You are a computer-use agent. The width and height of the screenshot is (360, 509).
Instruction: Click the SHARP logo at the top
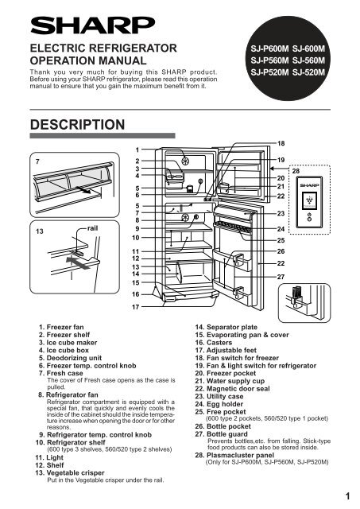pyautogui.click(x=93, y=25)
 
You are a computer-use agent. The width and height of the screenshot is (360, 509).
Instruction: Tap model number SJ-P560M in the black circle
pyautogui.click(x=269, y=60)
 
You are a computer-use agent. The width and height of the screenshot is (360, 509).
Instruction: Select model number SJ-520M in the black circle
pyautogui.click(x=308, y=72)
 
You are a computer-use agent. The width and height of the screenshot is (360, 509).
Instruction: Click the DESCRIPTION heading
pyautogui.click(x=77, y=125)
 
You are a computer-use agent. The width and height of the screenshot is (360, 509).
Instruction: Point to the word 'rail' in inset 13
pyautogui.click(x=92, y=228)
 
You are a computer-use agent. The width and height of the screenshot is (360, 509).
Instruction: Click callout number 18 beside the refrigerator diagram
pyautogui.click(x=281, y=143)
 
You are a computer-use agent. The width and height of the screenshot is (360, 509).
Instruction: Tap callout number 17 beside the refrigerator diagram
pyautogui.click(x=136, y=307)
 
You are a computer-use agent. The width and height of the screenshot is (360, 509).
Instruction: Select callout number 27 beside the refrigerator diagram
pyautogui.click(x=281, y=277)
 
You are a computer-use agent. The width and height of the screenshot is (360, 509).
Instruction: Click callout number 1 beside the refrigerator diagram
pyautogui.click(x=137, y=150)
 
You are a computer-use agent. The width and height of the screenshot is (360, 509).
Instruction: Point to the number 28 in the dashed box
pyautogui.click(x=296, y=171)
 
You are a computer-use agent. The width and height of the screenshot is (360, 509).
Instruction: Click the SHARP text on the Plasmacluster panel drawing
pyautogui.click(x=309, y=185)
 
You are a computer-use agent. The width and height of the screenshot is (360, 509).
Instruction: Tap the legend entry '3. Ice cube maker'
pyautogui.click(x=68, y=343)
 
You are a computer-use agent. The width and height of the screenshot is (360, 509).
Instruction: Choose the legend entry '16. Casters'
pyautogui.click(x=214, y=343)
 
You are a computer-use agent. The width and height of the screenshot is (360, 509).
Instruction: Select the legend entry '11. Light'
pyautogui.click(x=49, y=457)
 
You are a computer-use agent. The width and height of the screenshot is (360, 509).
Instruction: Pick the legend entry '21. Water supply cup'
pyautogui.click(x=230, y=381)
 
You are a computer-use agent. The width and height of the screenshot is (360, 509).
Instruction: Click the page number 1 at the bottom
pyautogui.click(x=347, y=496)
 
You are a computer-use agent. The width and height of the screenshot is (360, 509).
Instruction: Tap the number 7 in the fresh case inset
pyautogui.click(x=37, y=161)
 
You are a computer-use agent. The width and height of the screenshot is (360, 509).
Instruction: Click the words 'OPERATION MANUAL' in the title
pyautogui.click(x=88, y=60)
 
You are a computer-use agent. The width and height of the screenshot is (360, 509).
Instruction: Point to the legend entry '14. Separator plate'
pyautogui.click(x=226, y=327)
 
